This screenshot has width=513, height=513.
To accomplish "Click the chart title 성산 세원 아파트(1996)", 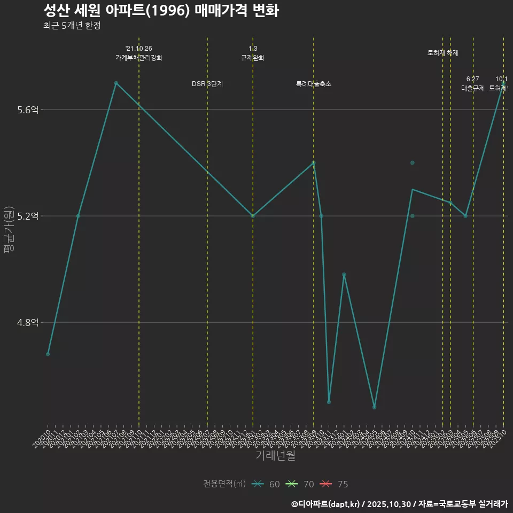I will click(160, 11).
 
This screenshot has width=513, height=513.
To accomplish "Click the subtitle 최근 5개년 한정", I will click(72, 25).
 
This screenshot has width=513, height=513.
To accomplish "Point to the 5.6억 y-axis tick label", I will click(28, 110).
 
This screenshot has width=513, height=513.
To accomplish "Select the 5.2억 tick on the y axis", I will click(28, 216).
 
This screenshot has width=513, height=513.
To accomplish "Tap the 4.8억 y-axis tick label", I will click(28, 322).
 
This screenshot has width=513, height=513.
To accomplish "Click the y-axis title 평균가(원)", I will click(9, 232).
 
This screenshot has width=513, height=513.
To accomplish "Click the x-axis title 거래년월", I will click(275, 456).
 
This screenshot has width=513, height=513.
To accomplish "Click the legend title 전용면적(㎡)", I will click(224, 484).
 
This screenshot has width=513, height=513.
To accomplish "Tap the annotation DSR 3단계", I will click(207, 84).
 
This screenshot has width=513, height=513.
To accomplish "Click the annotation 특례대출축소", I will click(314, 84).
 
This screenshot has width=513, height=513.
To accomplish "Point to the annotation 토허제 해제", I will click(443, 53).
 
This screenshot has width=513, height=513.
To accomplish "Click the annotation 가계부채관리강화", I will click(139, 58).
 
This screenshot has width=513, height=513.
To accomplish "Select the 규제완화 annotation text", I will click(253, 58).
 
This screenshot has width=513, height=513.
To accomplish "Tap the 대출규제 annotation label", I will click(473, 88).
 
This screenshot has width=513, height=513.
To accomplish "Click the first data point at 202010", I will click(48, 354).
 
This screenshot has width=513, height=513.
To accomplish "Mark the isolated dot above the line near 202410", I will click(413, 162).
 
